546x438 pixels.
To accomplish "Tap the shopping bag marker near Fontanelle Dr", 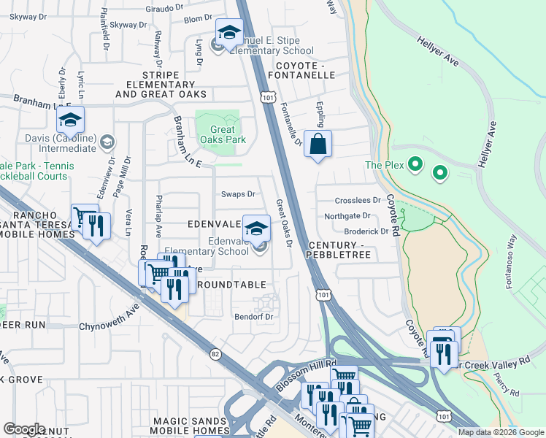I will (318, 144).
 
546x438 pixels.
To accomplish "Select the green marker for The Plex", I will (415, 165).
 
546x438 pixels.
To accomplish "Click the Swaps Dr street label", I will (238, 194).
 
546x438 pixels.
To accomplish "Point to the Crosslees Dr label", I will (358, 200).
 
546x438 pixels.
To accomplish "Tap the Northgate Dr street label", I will (347, 215).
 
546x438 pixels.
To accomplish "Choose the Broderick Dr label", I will (366, 231).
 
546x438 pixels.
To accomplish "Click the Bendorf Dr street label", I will (253, 317).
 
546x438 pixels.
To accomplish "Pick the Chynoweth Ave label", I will (108, 326).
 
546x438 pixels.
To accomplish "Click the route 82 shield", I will (215, 354).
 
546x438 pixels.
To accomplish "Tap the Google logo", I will (24, 429).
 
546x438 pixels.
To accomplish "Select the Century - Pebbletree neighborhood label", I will (340, 250).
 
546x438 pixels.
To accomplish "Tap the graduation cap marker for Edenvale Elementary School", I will (256, 228).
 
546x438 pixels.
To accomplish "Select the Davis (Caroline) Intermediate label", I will (61, 143).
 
